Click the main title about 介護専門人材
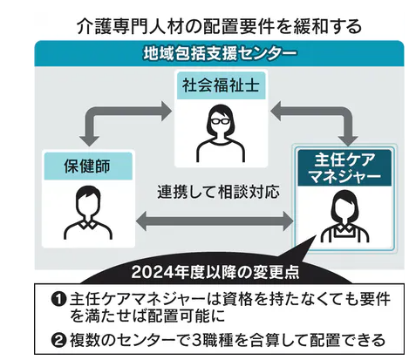pyautogui.click(x=219, y=27)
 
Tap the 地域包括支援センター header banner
pyautogui.click(x=219, y=53)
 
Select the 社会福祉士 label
pyautogui.click(x=221, y=85)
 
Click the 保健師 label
pyautogui.click(x=88, y=166)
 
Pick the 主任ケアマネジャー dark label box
pyautogui.click(x=344, y=168)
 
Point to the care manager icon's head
pyautogui.click(x=344, y=205)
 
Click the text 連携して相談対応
pyautogui.click(x=218, y=192)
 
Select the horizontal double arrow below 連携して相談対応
pyautogui.click(x=215, y=221)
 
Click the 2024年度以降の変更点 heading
pyautogui.click(x=215, y=272)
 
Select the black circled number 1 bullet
pyautogui.click(x=59, y=299)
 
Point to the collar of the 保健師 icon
pyautogui.click(x=88, y=224)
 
